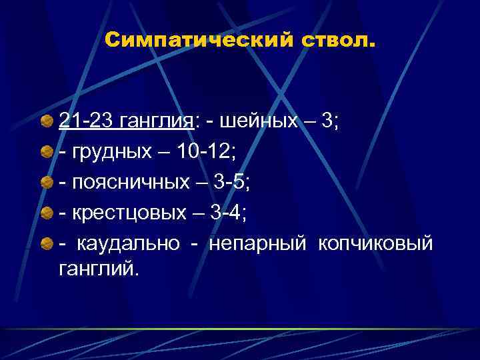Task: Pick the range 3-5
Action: click(x=232, y=183)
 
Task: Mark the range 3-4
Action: click(x=227, y=214)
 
